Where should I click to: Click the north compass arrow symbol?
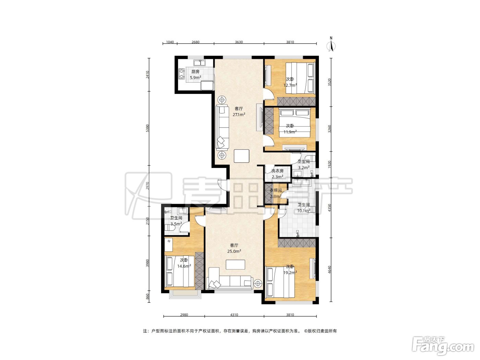331,45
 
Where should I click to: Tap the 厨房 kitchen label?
195,71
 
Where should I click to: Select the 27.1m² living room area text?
239,114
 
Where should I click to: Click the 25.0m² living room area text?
234,251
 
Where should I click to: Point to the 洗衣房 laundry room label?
277,171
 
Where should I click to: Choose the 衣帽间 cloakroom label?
276,190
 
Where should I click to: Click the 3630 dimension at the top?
239,42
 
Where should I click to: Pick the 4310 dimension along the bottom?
234,315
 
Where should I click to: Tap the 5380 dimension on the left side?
148,128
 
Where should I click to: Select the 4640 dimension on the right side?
329,269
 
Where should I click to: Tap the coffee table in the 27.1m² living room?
241,156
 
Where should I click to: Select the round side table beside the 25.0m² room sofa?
258,284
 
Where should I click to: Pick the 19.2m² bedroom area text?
290,272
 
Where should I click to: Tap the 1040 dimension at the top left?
170,42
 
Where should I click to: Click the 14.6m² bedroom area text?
184,266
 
